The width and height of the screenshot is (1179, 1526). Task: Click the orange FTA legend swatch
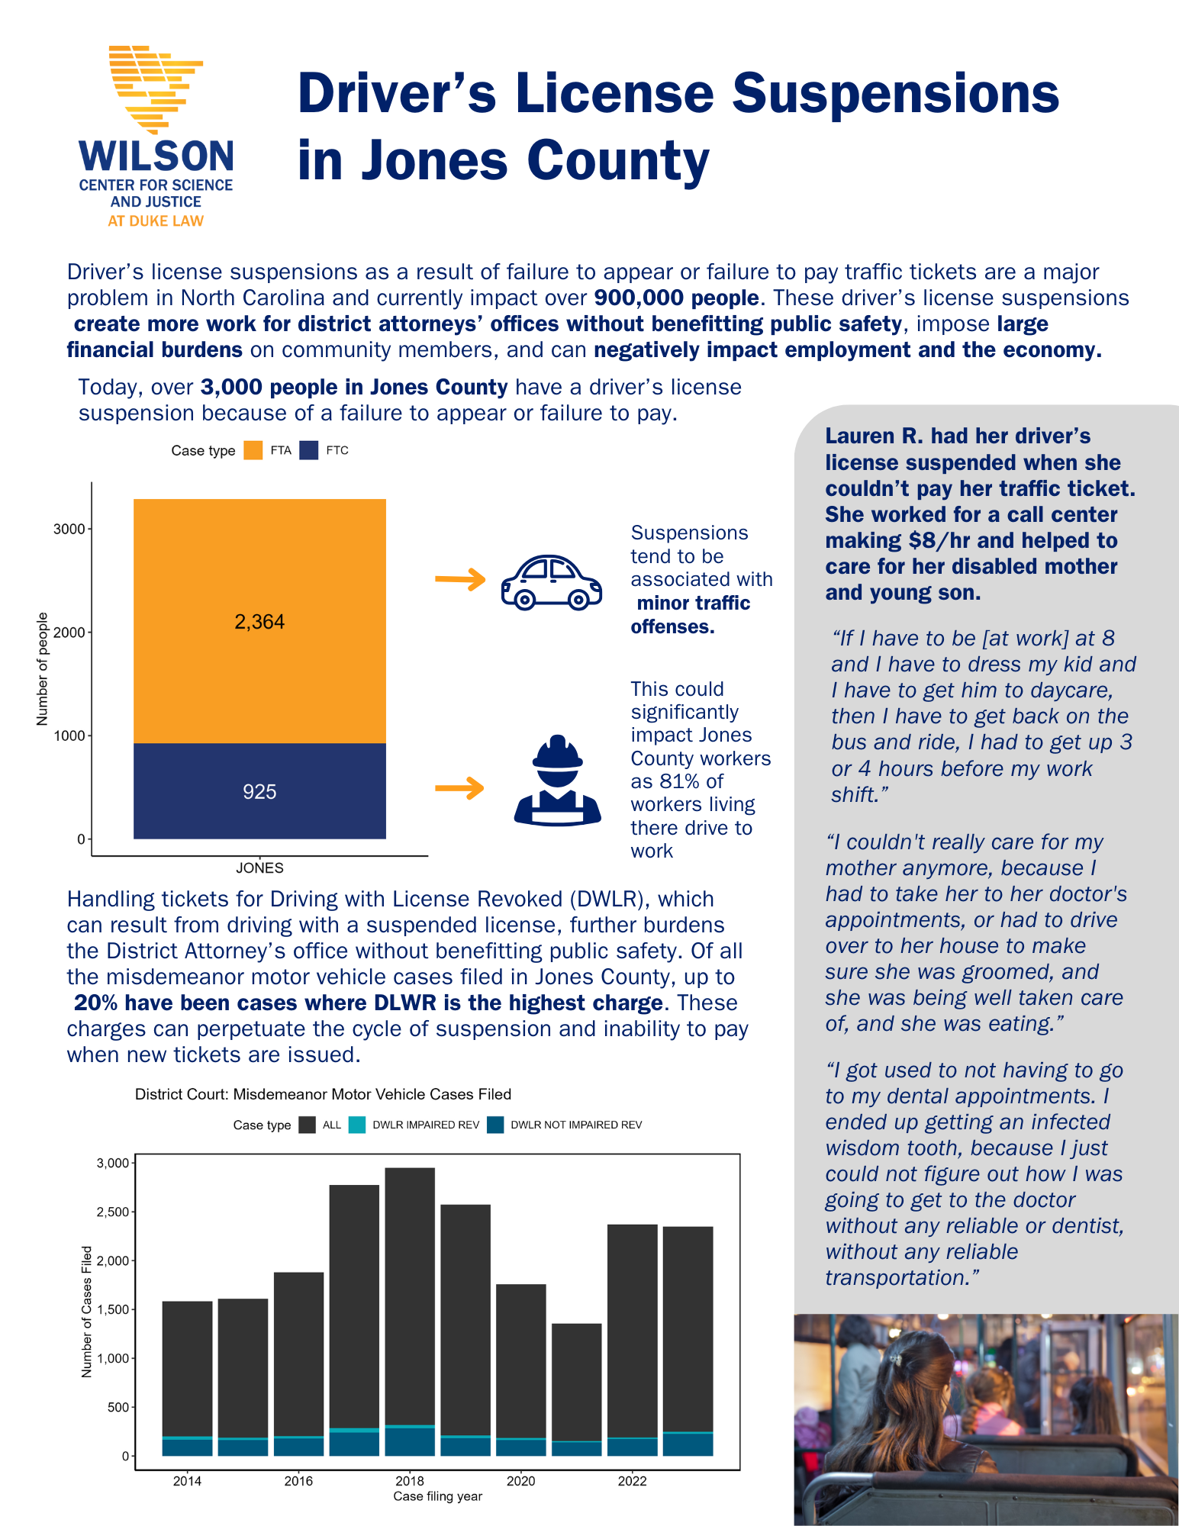[x=253, y=450]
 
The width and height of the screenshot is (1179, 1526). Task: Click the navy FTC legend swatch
[x=308, y=450]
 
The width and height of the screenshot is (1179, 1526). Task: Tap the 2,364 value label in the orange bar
[x=259, y=622]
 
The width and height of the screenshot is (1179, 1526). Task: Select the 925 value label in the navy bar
[x=259, y=792]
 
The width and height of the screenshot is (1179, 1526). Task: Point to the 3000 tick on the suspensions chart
[x=69, y=529]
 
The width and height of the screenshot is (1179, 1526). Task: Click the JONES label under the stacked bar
[x=259, y=868]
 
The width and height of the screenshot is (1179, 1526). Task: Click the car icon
[x=551, y=581]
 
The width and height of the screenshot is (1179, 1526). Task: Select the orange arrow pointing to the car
[x=460, y=580]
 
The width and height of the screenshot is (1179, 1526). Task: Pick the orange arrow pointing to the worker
[x=459, y=787]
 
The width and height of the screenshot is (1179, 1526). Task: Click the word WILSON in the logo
[x=156, y=156]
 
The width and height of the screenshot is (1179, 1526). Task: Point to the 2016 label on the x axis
[x=298, y=1481]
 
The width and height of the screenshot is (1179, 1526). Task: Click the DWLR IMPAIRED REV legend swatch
[x=356, y=1125]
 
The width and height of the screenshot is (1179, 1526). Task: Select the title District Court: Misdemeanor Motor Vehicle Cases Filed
[x=323, y=1094]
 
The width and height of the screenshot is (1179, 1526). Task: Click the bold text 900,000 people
[x=676, y=298]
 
